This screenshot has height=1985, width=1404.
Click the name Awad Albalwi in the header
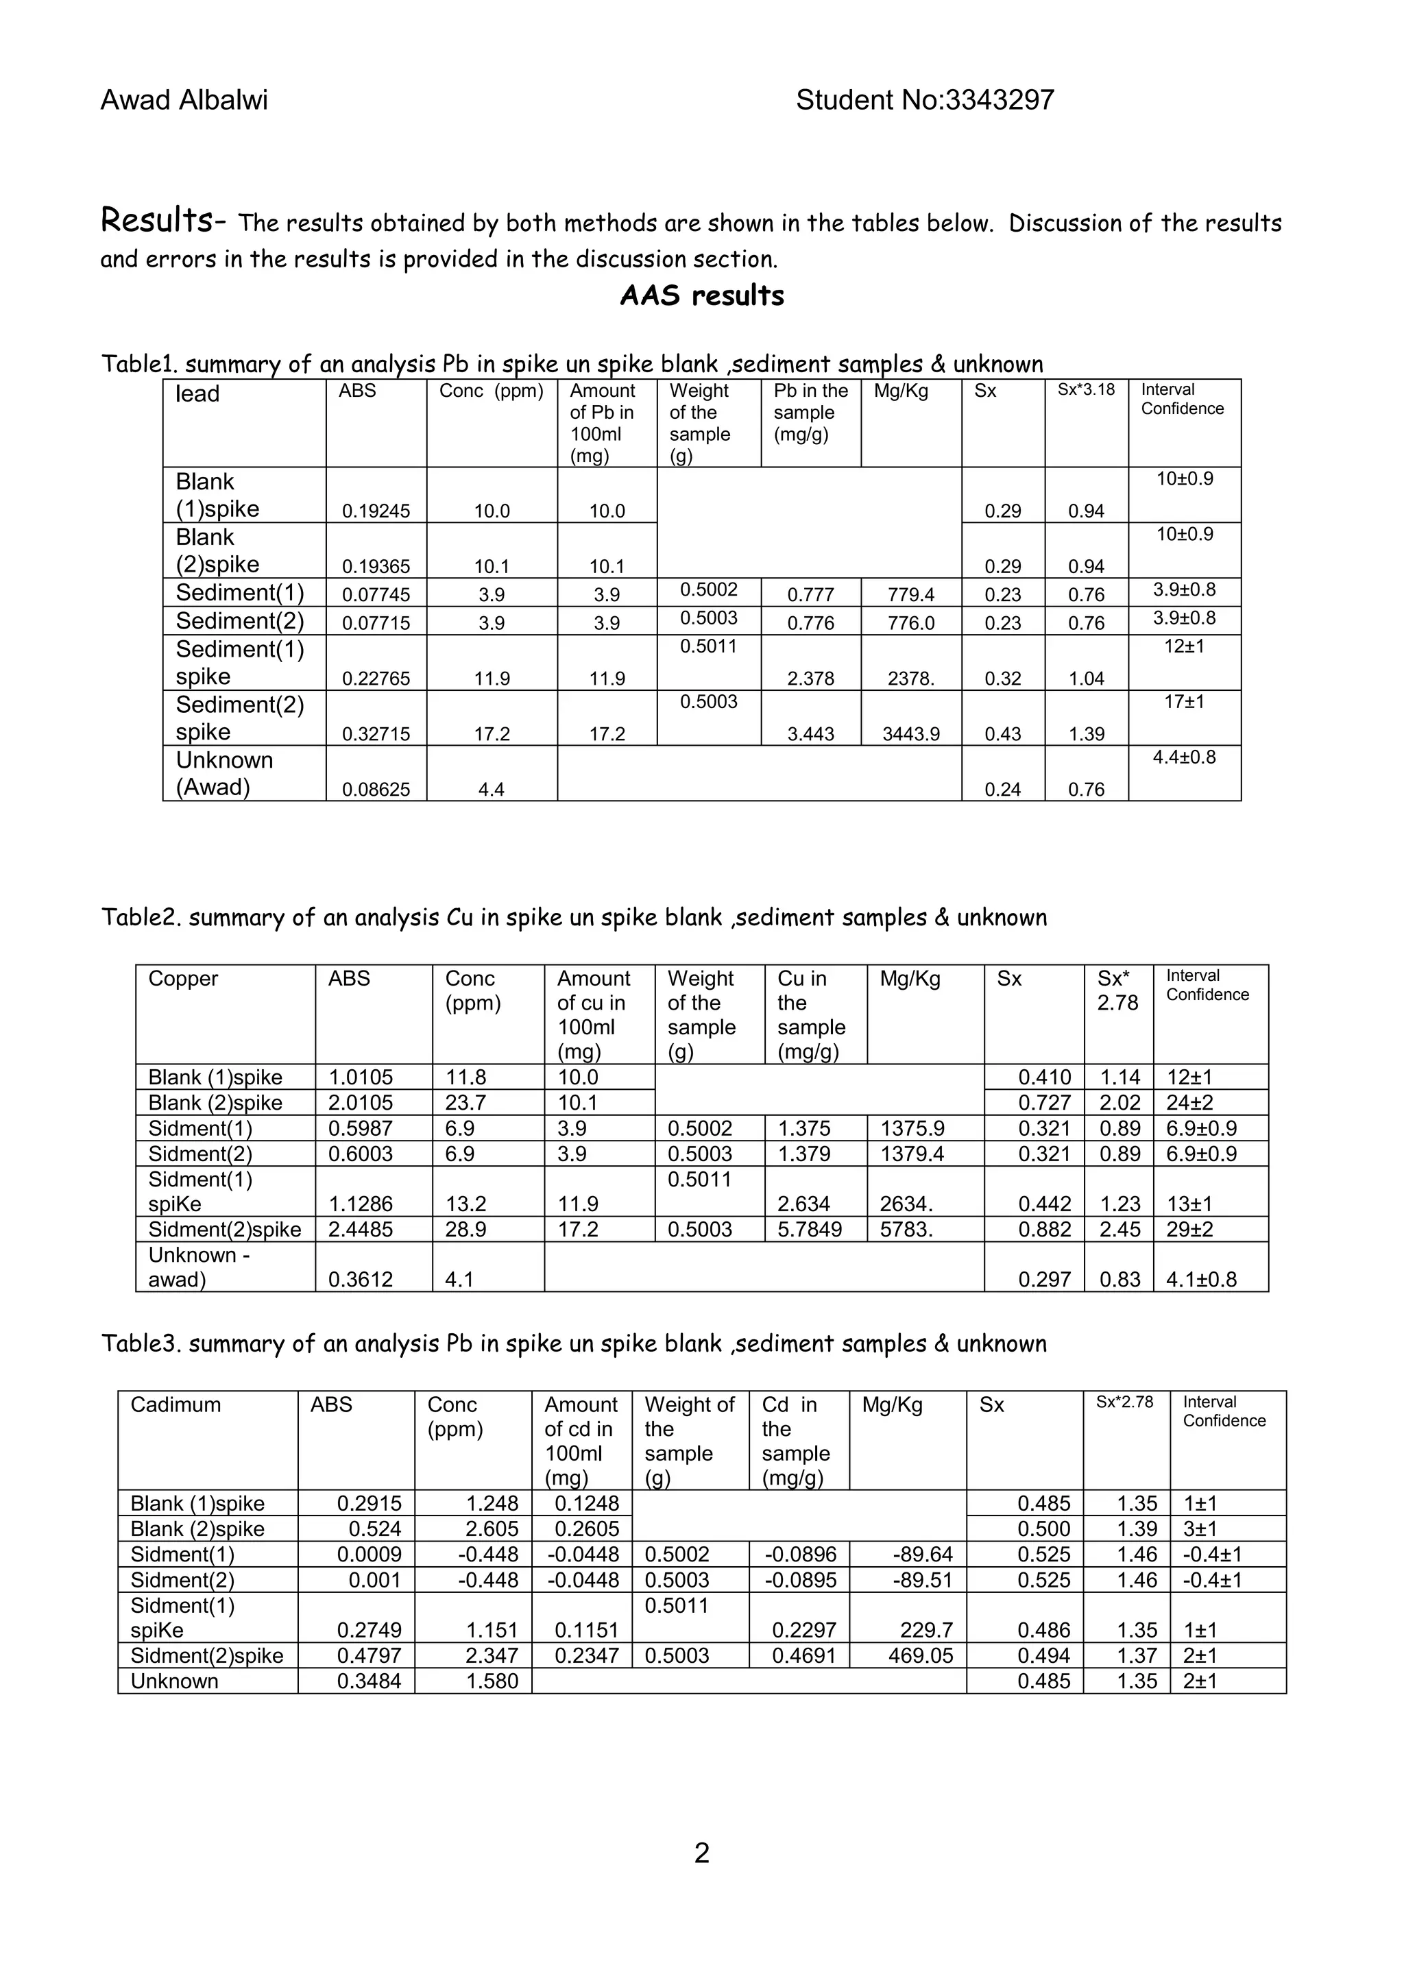click(184, 100)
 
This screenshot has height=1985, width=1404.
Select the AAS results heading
click(701, 295)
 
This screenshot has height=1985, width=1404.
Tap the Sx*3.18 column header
click(1086, 390)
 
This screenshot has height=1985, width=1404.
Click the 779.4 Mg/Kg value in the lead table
click(910, 595)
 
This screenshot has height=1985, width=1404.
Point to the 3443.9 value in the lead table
click(910, 734)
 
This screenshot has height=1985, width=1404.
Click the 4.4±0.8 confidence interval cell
click(1183, 757)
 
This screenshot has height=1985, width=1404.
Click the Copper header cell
click(183, 979)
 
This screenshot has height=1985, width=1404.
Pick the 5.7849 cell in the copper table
click(809, 1230)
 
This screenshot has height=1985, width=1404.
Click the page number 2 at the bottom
click(701, 1853)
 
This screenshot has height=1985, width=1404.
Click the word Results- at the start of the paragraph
click(162, 221)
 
